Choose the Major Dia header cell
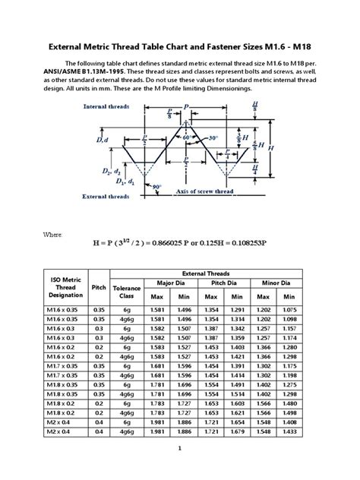[172, 283]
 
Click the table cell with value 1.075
[289, 310]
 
